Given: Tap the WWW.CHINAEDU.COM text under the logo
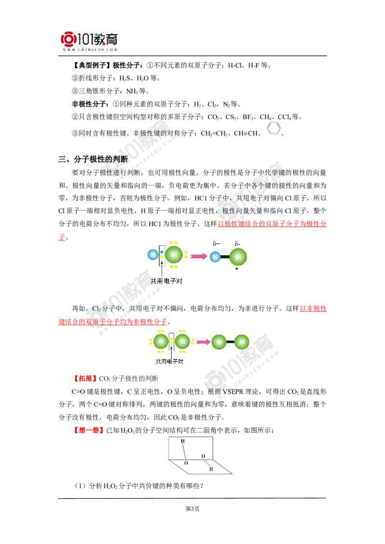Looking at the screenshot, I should tap(90, 49).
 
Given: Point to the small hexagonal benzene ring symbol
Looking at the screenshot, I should tap(273, 127).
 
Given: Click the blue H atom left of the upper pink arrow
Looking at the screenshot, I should tap(153, 255).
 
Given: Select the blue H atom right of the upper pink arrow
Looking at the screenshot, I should tap(215, 257).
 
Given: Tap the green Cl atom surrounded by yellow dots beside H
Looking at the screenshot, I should tap(174, 255).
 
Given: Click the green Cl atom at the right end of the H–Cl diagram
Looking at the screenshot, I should tap(238, 257).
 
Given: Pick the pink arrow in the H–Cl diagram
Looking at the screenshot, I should tap(198, 257).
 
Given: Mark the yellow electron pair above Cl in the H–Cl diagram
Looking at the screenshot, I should tap(174, 242).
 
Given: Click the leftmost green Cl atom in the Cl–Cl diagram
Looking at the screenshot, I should tap(161, 341).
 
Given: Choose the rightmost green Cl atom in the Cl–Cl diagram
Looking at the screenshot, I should tap(242, 342).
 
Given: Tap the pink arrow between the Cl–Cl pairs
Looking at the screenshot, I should tap(202, 342).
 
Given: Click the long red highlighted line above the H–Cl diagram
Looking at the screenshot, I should tap(272, 224).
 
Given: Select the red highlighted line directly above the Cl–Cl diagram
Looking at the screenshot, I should tap(113, 321).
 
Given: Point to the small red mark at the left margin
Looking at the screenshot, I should tap(61, 237).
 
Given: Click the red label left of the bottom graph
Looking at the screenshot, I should tap(89, 430).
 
